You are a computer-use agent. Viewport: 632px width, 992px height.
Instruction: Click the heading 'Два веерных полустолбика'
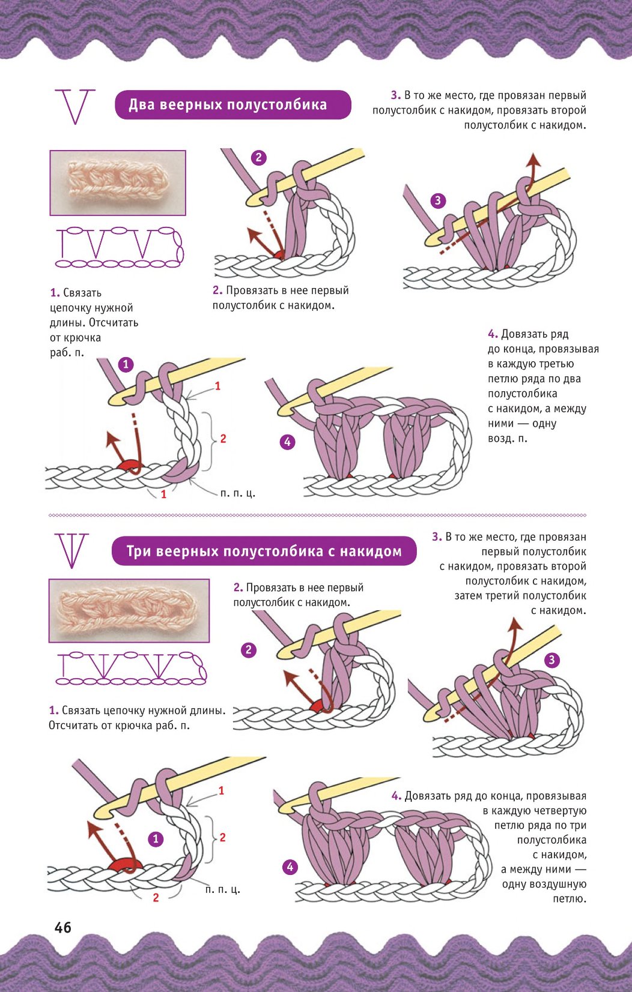point(228,105)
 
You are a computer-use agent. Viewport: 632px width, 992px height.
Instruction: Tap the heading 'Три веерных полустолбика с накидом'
point(264,552)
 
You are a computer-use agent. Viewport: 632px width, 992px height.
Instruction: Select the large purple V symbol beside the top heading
point(75,107)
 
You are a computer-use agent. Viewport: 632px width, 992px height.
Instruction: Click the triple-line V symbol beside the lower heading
point(72,551)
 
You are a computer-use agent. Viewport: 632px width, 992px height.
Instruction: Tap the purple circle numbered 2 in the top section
point(259,157)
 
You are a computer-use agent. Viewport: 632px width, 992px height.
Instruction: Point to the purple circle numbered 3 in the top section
point(438,200)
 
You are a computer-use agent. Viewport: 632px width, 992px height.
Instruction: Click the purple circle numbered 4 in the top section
point(288,442)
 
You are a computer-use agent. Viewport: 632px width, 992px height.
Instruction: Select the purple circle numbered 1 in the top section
point(126,364)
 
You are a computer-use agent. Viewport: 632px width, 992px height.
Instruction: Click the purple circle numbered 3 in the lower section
point(551,660)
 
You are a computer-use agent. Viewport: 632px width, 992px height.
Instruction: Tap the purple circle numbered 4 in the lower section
point(290,867)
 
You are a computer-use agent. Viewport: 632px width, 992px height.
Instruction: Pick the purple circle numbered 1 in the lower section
point(156,839)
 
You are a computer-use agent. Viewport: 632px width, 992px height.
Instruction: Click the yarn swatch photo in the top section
point(117,182)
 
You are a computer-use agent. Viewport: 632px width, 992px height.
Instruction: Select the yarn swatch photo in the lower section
point(129,611)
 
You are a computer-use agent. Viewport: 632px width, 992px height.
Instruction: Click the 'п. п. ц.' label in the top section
point(237,493)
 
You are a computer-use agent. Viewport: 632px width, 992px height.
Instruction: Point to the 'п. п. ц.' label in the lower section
point(222,889)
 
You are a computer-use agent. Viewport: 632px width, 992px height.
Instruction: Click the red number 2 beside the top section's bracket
point(223,439)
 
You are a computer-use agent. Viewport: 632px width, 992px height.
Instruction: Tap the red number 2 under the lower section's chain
point(156,898)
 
